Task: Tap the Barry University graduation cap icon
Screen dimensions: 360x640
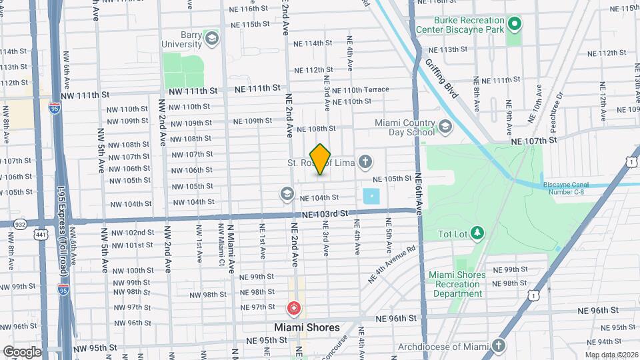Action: point(212,37)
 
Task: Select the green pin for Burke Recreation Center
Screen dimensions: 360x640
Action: point(514,25)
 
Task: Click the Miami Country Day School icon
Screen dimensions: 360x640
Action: point(445,127)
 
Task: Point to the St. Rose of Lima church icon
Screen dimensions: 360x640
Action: point(364,161)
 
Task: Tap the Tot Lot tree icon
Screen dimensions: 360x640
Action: point(477,232)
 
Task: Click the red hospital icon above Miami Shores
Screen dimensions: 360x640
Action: point(293,309)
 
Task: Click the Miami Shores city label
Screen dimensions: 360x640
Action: point(307,327)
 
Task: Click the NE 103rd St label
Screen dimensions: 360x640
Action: point(325,214)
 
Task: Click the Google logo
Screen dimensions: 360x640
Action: point(21,351)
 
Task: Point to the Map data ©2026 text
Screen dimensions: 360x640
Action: point(611,355)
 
